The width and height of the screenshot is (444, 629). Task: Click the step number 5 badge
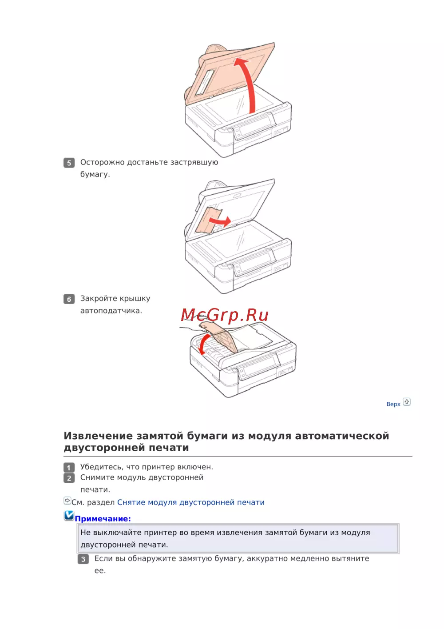click(x=69, y=163)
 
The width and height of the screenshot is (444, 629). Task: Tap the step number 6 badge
click(x=69, y=299)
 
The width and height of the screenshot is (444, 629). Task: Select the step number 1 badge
click(x=69, y=468)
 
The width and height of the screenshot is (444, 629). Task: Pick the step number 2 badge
click(x=69, y=478)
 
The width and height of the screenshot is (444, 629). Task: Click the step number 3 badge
click(x=83, y=559)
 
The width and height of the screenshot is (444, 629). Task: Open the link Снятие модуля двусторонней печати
click(x=191, y=502)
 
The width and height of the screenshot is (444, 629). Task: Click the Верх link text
click(x=393, y=404)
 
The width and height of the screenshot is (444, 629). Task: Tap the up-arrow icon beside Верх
click(x=407, y=402)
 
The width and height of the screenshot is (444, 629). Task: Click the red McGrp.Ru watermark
click(x=225, y=315)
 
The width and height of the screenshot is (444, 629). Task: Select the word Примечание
click(x=103, y=519)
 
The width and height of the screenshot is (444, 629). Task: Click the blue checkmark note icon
click(x=69, y=515)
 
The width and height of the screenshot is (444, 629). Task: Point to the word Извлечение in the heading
click(x=98, y=436)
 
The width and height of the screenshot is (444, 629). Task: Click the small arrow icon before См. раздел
click(x=67, y=501)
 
